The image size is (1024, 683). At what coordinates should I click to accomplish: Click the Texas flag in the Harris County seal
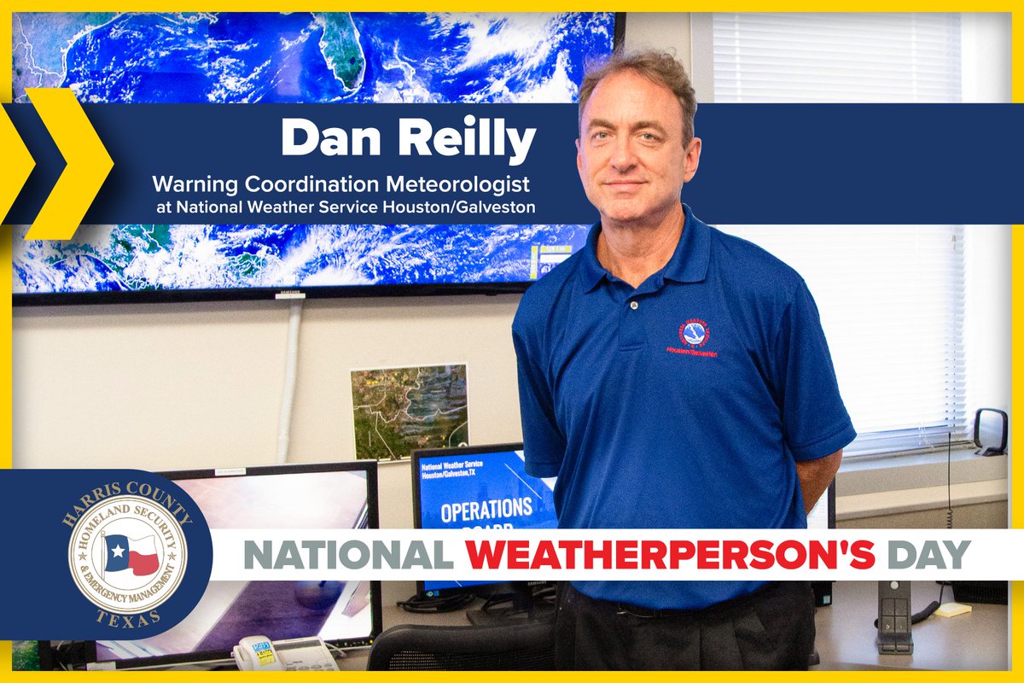click(131, 554)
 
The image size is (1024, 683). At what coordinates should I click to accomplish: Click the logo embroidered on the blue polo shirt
click(694, 336)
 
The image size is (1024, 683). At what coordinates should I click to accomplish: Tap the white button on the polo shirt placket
click(634, 305)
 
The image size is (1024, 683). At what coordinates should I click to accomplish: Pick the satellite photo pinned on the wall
click(409, 410)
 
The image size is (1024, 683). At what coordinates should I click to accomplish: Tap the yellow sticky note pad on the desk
click(952, 609)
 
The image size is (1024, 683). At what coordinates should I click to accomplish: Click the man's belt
click(674, 607)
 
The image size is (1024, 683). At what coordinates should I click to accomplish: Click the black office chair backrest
click(461, 649)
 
